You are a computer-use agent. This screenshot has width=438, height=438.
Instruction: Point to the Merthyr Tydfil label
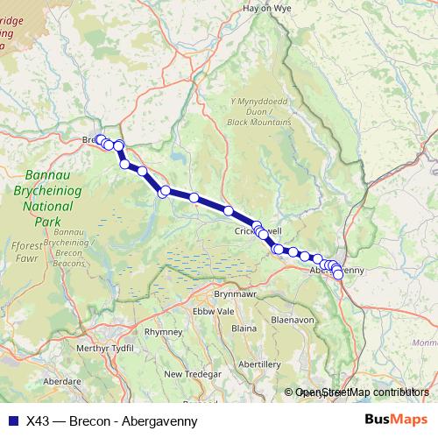(81, 349)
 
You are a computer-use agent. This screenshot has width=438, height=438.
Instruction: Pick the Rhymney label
(163, 333)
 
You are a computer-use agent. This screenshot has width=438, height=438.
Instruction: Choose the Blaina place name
(244, 328)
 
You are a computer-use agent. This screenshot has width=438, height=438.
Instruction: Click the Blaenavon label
(293, 321)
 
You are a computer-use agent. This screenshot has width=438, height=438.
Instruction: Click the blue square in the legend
(12, 419)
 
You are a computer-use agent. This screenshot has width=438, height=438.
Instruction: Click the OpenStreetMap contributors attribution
(362, 392)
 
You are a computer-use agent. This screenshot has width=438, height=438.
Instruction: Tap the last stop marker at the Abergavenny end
(338, 275)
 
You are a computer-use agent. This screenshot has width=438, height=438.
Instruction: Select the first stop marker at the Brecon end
(100, 139)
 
